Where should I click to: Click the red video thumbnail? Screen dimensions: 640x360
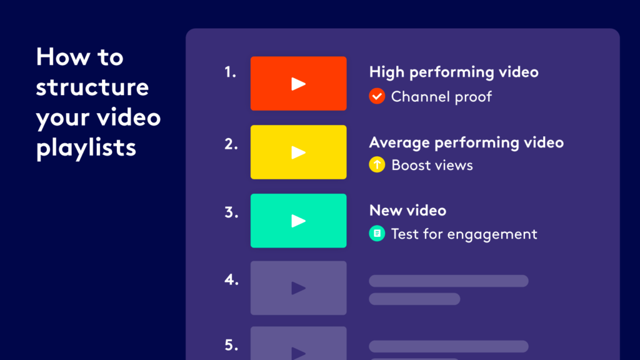[298, 83]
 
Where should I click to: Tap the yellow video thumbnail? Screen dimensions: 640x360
[298, 152]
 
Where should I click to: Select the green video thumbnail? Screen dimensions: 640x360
[298, 221]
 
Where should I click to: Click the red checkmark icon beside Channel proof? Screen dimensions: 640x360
[377, 96]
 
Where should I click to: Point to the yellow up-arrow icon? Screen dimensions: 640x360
[377, 165]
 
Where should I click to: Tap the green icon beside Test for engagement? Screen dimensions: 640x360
[377, 234]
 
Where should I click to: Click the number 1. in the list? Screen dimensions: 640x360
[230, 72]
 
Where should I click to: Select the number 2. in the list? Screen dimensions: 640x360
[231, 144]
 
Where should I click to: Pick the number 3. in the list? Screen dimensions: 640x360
[231, 212]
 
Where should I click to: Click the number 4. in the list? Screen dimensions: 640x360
[231, 280]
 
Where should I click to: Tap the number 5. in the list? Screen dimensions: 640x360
[231, 345]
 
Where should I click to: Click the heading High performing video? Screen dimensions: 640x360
[454, 72]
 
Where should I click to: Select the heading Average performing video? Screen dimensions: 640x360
[466, 142]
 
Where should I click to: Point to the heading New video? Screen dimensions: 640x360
[407, 210]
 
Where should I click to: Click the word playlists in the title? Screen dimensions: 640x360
[86, 147]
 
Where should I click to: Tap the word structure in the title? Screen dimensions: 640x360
[92, 87]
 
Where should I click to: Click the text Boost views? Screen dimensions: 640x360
[432, 165]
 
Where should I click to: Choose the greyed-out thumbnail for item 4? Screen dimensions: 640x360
[298, 287]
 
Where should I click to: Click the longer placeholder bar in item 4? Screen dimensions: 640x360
[449, 281]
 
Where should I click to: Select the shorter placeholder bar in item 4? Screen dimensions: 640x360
[414, 299]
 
